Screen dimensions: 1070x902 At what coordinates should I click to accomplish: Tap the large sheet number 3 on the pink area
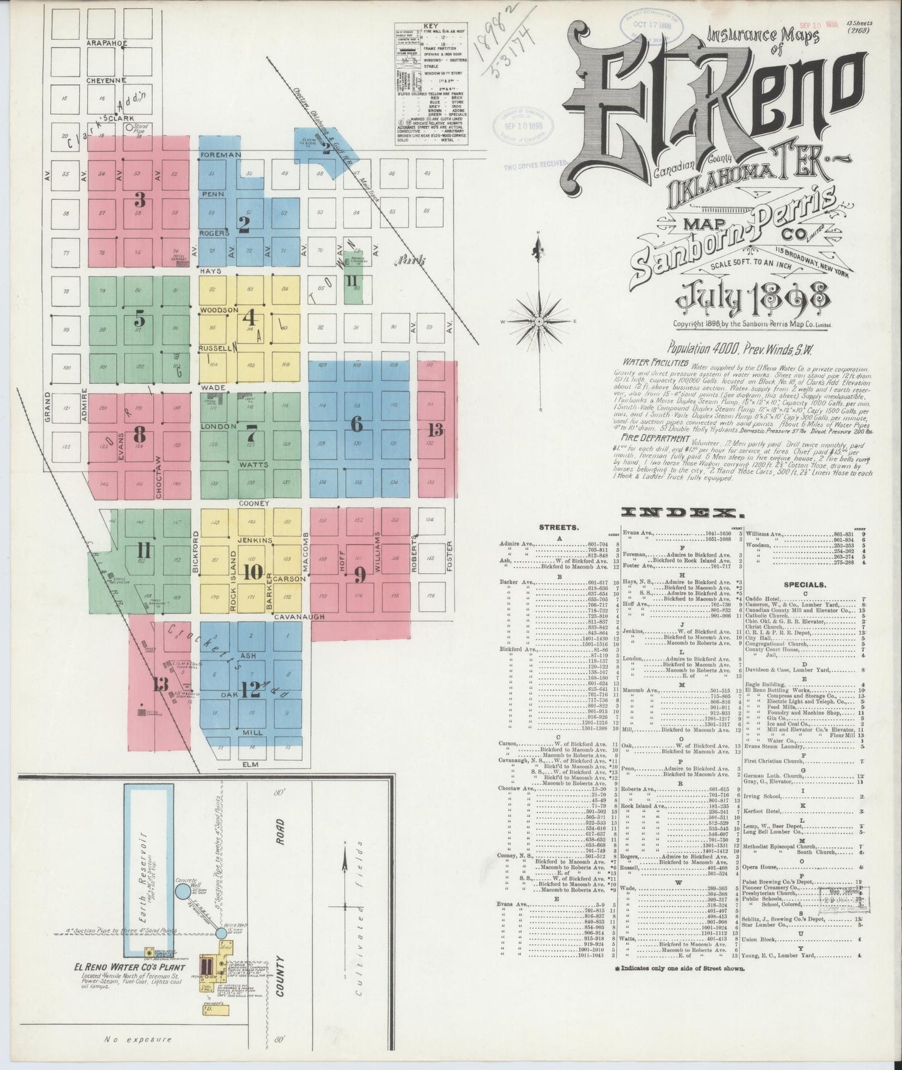140,200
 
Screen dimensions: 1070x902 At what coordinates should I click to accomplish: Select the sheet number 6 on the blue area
356,424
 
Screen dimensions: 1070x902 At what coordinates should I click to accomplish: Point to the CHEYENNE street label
107,80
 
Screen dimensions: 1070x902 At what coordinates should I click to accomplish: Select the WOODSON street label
219,310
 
